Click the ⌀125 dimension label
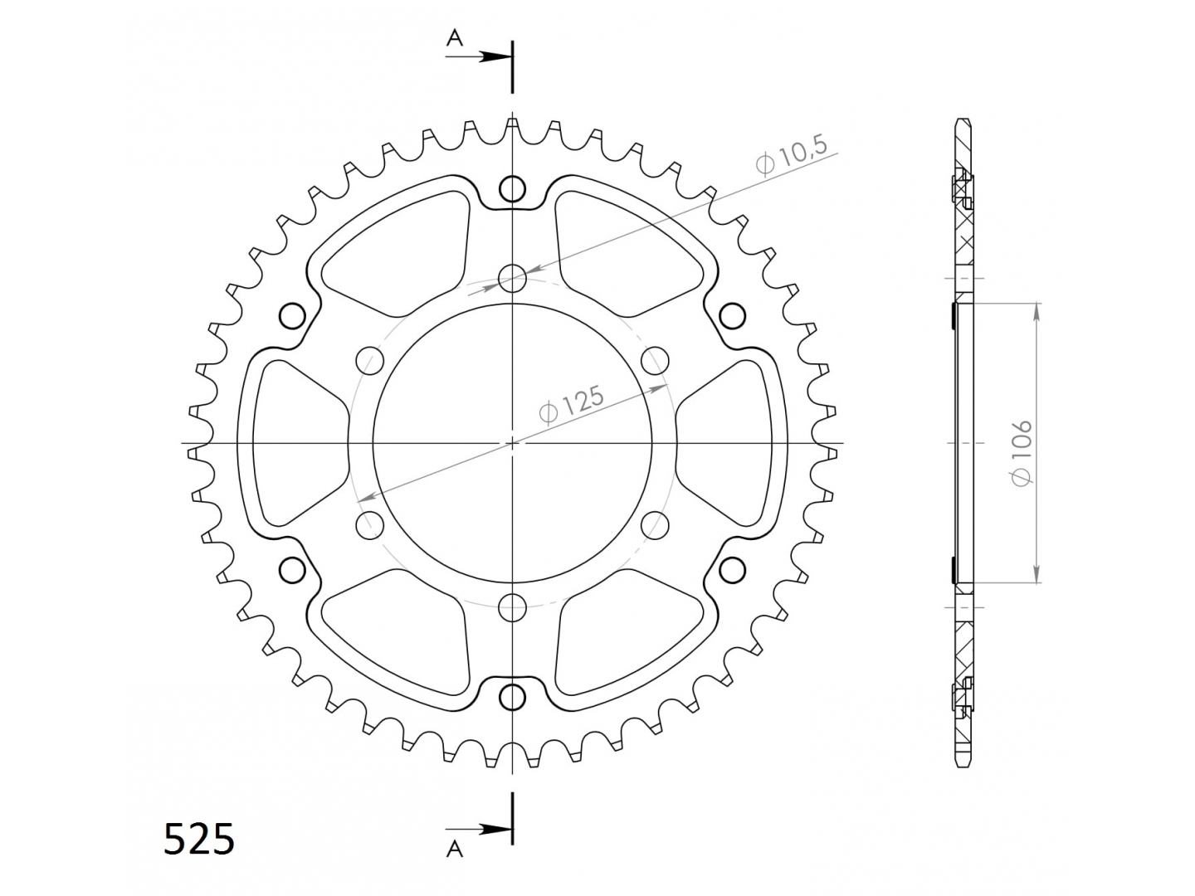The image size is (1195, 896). tap(572, 403)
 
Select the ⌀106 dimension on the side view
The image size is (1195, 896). tap(1021, 453)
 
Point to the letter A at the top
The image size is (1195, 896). tap(455, 38)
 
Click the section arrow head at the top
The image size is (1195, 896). tap(495, 56)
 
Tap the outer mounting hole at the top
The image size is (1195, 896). tap(512, 189)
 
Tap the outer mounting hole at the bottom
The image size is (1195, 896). tap(512, 698)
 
